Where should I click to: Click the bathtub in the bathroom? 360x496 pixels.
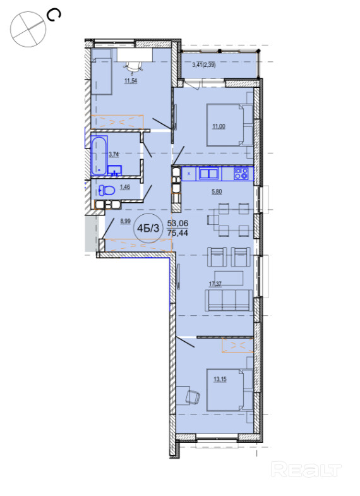tap(99, 155)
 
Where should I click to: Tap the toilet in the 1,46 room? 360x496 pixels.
tap(107, 190)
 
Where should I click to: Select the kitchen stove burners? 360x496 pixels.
tap(241, 174)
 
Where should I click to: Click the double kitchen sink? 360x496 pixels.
tap(208, 174)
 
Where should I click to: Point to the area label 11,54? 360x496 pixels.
tap(131, 81)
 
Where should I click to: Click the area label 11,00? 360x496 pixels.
tap(219, 126)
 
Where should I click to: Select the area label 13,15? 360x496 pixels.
tap(220, 379)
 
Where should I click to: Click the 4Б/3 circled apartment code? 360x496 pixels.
tap(148, 228)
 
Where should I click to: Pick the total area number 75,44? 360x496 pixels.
tap(177, 233)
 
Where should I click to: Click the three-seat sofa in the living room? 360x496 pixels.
tap(229, 300)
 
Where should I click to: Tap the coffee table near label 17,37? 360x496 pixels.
tap(229, 278)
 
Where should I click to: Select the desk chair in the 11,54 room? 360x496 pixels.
tap(133, 66)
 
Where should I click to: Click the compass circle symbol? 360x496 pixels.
tap(28, 30)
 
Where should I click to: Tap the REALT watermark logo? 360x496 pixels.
tap(306, 470)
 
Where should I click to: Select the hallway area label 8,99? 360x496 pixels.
tap(126, 221)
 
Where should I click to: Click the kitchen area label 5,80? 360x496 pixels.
tap(217, 191)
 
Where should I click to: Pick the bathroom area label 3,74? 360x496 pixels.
tap(114, 154)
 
